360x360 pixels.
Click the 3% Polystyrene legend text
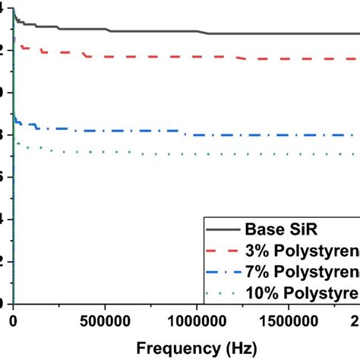[x=301, y=251]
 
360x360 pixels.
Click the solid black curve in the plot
[x=152, y=31]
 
